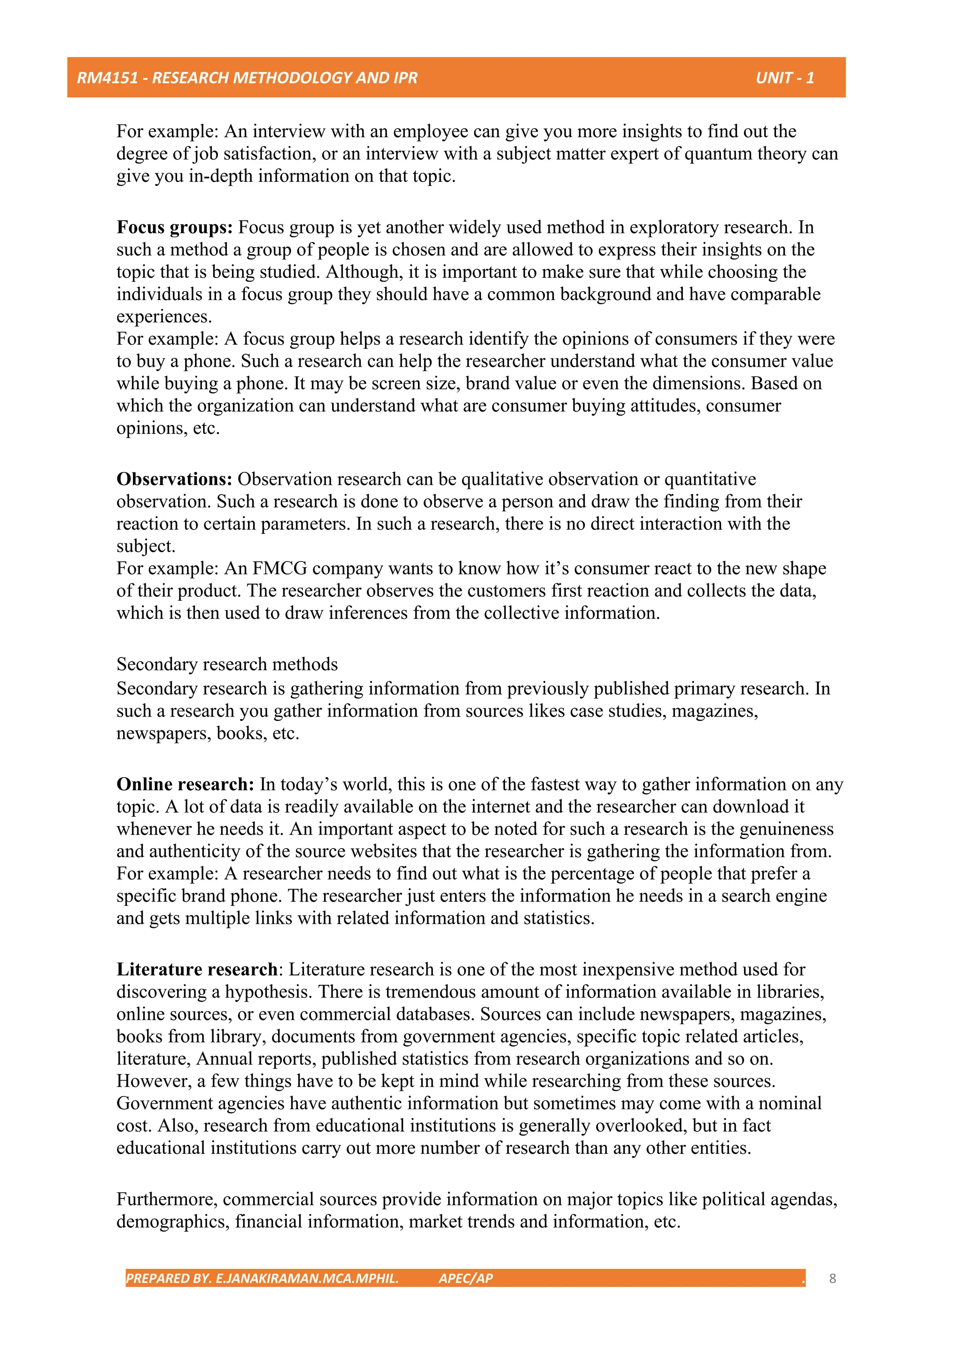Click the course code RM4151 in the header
coord(107,77)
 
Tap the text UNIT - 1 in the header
coord(784,77)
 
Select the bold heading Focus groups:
coord(174,227)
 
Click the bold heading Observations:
coord(174,479)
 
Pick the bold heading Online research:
coord(185,784)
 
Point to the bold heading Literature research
coord(197,970)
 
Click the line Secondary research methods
coord(227,664)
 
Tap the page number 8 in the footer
coord(832,1278)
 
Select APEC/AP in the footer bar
coord(465,1278)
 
